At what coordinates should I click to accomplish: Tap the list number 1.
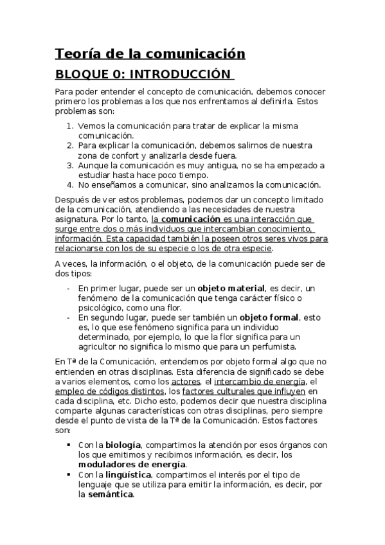click(x=69, y=126)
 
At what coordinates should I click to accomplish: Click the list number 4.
click(x=69, y=184)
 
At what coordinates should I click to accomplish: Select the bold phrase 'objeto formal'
click(x=269, y=317)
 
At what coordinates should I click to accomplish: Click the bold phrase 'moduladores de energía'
click(x=132, y=464)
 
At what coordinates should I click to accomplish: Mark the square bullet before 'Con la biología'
click(x=69, y=445)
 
